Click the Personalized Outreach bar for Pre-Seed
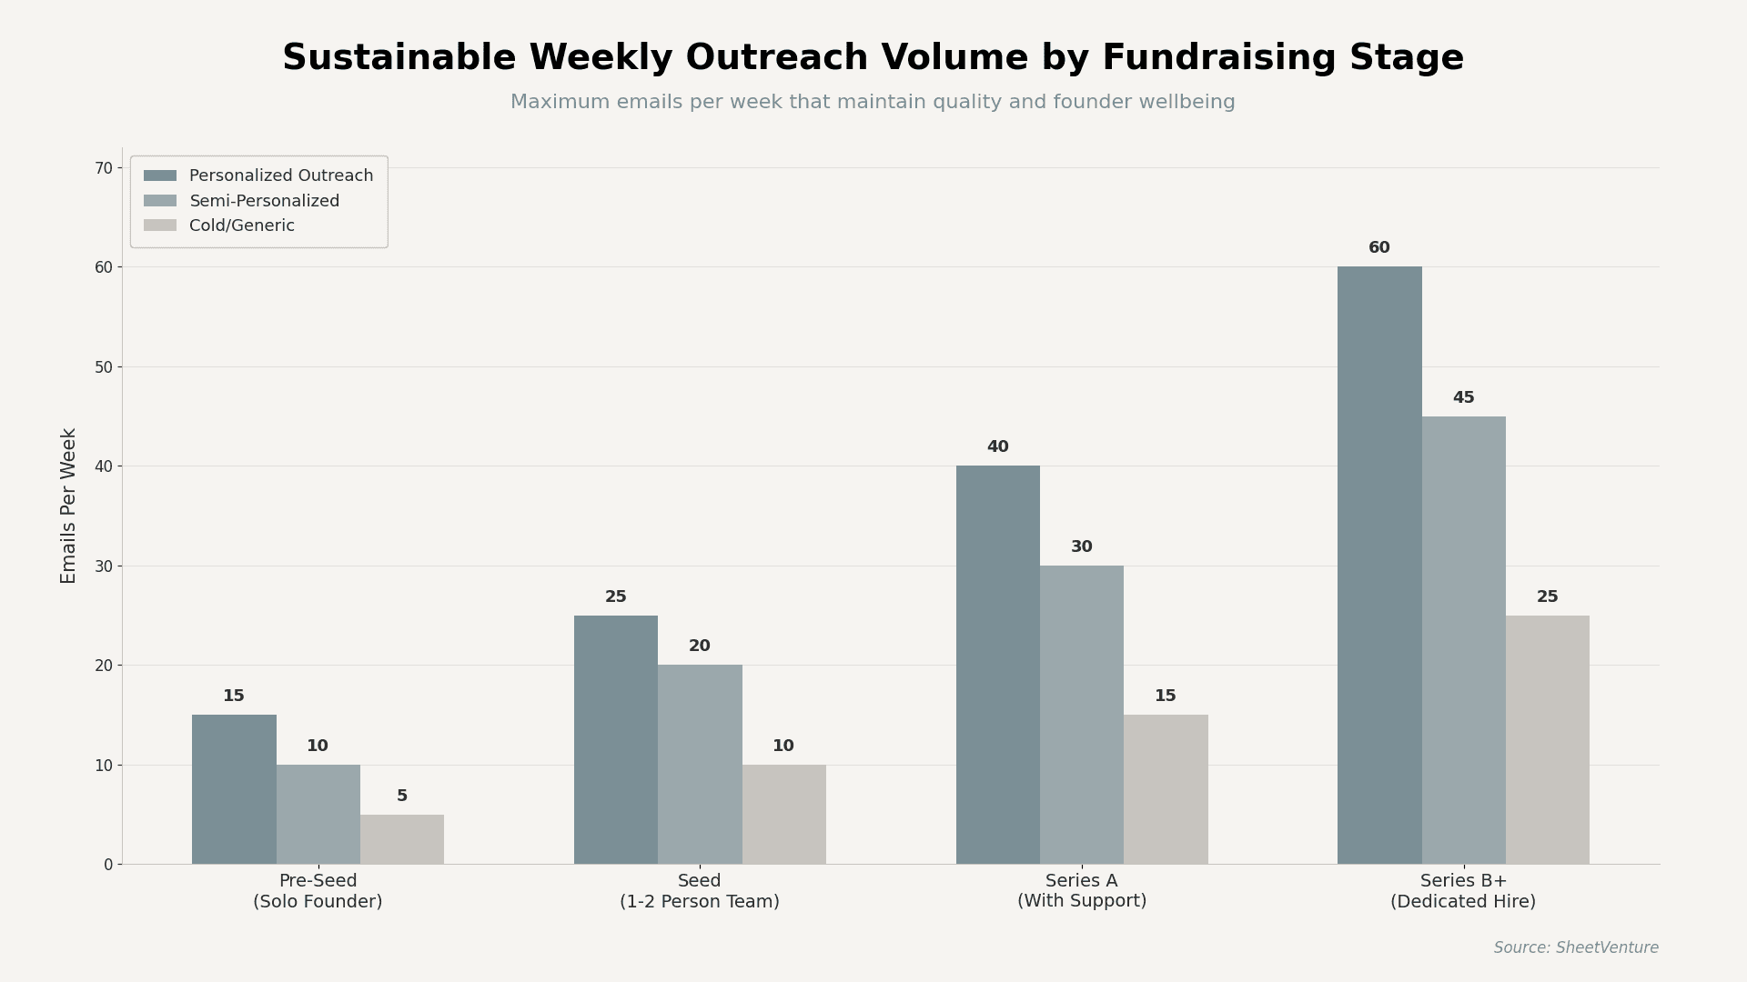234,789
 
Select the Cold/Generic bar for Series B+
1547,739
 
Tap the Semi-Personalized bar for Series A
1081,715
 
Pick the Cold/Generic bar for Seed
783,814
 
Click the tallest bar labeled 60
1379,565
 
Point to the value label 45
1463,398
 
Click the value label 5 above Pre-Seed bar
401,797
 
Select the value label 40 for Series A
997,447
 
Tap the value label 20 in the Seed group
699,646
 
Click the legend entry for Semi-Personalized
264,201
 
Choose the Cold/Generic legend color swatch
160,225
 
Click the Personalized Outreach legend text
281,175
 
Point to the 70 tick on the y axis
104,168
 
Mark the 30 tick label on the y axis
104,566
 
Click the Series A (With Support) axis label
1081,891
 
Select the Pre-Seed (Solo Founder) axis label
318,891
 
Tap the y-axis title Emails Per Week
69,506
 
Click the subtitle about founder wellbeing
872,103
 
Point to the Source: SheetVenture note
1575,947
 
